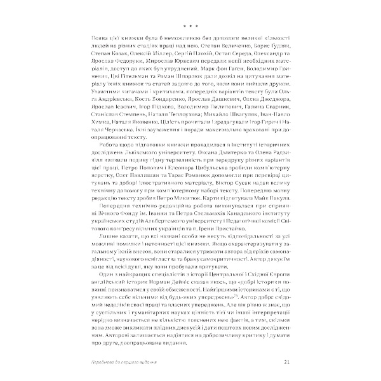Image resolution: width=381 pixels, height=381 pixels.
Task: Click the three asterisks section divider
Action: tap(190, 26)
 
